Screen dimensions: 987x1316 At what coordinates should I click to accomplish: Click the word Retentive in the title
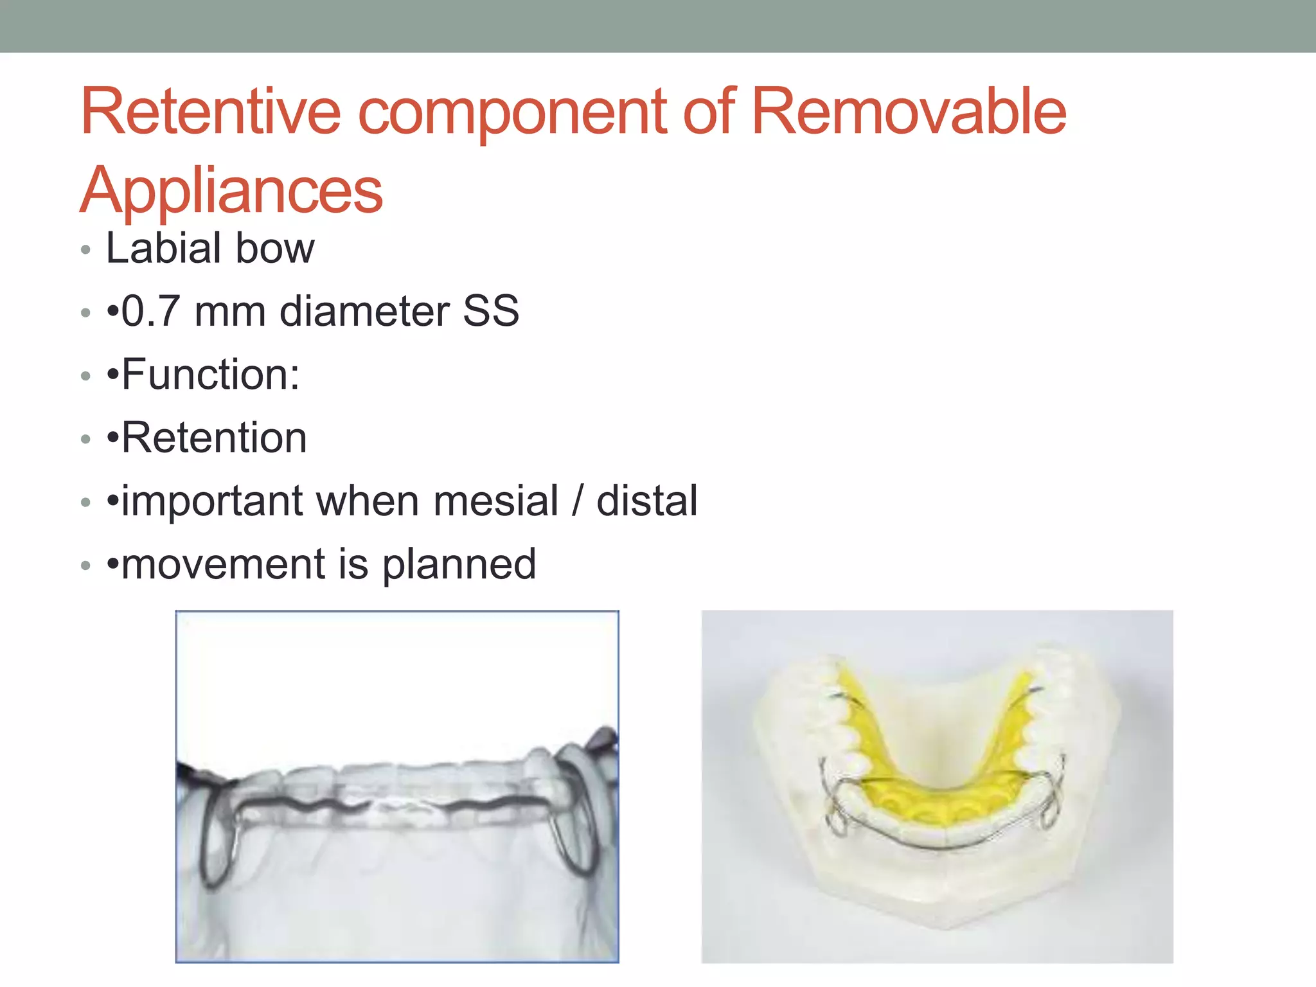pos(210,112)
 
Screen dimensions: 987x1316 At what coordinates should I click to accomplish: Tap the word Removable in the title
pos(909,112)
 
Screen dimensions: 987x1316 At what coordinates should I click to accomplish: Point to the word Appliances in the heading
pos(231,191)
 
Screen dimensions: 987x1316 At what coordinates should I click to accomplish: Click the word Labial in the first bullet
pos(164,248)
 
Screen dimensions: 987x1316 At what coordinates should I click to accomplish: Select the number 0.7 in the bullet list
pos(150,312)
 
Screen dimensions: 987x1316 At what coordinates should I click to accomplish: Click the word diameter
pos(364,312)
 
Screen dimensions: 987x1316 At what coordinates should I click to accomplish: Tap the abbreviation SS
pos(491,312)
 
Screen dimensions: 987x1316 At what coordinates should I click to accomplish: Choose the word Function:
pos(210,375)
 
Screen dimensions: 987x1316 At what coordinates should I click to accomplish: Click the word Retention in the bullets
pos(214,438)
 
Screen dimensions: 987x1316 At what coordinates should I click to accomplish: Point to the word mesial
pos(495,501)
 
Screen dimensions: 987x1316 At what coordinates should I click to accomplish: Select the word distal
pos(647,501)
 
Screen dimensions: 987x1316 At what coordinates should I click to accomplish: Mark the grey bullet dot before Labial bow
pos(86,250)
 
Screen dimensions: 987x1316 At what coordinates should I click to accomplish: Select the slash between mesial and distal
pos(578,501)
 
